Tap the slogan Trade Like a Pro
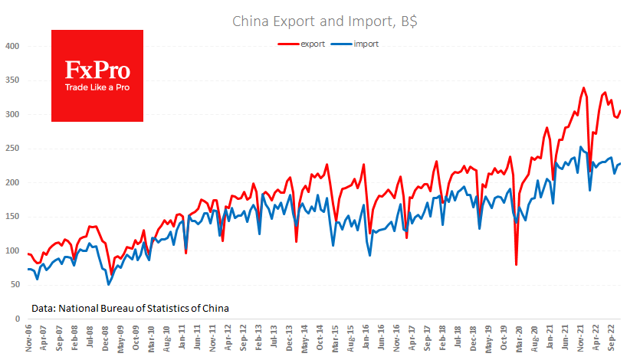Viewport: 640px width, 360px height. click(97, 88)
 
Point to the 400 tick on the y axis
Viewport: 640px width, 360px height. click(11, 47)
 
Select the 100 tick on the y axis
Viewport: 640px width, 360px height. click(11, 250)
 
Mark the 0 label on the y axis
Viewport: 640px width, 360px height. click(16, 319)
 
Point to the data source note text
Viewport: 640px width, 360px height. click(130, 308)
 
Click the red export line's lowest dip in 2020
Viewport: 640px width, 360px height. click(517, 264)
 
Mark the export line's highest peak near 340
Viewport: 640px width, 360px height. click(584, 88)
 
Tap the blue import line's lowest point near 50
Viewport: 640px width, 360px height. click(108, 284)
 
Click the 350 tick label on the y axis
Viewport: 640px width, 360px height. click(11, 80)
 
